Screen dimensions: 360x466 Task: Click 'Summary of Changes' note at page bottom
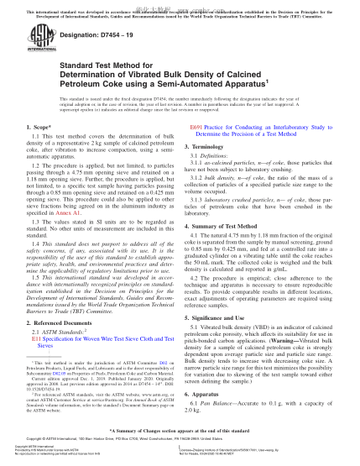pyautogui.click(x=180, y=442)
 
